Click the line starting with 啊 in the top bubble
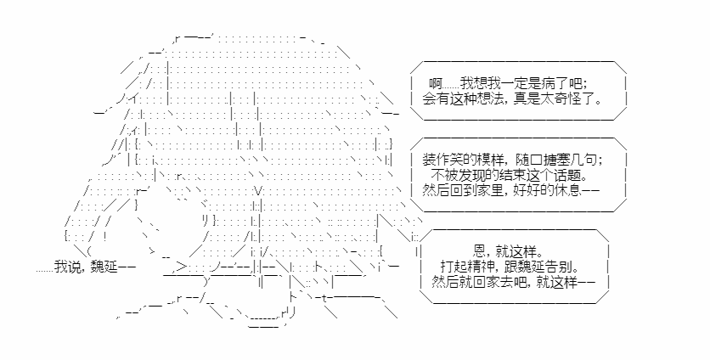[x=508, y=84]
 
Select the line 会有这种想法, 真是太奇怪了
[x=513, y=98]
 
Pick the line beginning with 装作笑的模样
[x=513, y=160]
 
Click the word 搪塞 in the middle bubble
[x=556, y=160]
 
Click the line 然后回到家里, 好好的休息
[x=510, y=189]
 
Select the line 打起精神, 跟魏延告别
[x=512, y=267]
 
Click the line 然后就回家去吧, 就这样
[x=514, y=282]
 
